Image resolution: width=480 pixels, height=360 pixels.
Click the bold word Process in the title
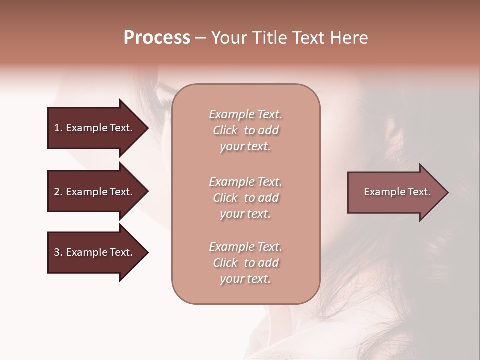157,38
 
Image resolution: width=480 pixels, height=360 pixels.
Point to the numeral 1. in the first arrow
58,128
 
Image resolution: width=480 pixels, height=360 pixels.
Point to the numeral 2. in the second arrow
58,192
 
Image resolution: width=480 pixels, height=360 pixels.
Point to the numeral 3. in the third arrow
58,252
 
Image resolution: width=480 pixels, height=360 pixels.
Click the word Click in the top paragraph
225,130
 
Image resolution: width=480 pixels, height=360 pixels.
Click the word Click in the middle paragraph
225,198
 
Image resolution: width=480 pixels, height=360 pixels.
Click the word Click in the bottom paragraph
225,263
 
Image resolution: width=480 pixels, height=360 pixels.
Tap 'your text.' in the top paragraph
245,147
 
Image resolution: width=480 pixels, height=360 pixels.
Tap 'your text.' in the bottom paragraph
245,279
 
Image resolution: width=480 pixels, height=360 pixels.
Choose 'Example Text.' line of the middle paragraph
245,182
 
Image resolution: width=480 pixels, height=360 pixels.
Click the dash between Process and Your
201,38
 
